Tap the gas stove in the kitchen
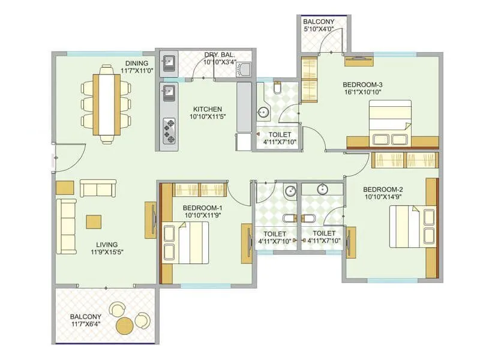tap(169, 131)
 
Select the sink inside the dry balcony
tap(169, 62)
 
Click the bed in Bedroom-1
tap(185, 242)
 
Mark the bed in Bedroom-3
tap(390, 122)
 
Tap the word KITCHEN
tap(207, 109)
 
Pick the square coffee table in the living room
tap(94, 221)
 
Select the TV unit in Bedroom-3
tap(359, 59)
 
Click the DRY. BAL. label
tap(219, 55)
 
